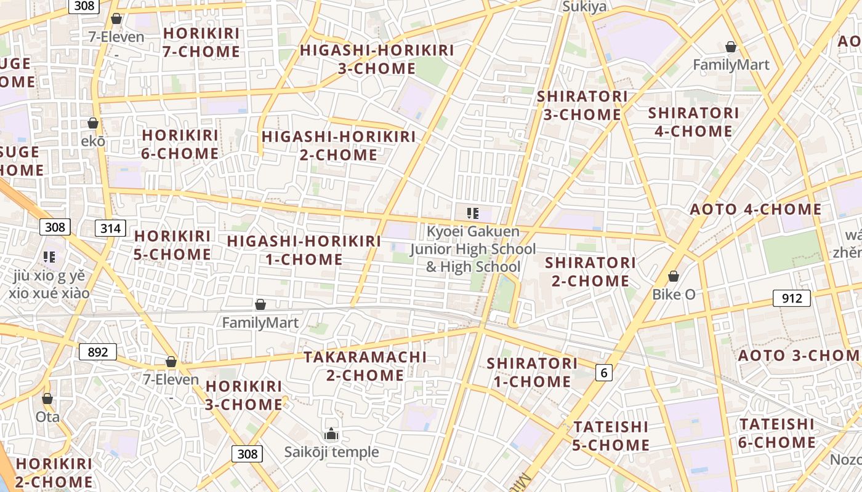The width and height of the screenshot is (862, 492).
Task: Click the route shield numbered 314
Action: click(111, 229)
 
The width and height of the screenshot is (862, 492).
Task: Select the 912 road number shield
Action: click(792, 299)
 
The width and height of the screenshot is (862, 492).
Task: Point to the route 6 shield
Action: click(604, 372)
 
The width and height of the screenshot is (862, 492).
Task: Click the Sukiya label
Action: click(584, 7)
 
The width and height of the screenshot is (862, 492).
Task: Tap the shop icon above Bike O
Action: click(674, 276)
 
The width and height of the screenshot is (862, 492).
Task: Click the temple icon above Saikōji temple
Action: click(331, 434)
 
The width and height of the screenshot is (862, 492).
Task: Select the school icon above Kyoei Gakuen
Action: click(473, 213)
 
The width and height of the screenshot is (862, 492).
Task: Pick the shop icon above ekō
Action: click(93, 123)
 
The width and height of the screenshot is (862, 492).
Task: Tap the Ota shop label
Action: click(47, 416)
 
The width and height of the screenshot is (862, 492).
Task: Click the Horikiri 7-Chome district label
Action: click(201, 42)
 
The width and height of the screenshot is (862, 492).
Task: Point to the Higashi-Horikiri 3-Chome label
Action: click(377, 59)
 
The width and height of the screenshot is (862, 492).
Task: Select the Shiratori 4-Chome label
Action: click(693, 122)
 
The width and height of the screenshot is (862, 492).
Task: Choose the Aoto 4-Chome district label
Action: click(755, 210)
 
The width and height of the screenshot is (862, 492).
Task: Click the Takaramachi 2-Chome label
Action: click(365, 366)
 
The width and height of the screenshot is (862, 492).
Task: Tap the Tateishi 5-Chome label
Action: click(611, 435)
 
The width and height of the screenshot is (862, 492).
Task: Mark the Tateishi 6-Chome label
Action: click(777, 433)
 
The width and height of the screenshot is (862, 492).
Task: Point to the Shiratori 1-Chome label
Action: click(532, 372)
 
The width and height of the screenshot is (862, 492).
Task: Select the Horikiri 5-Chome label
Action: click(172, 245)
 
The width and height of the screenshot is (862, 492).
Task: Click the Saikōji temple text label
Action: click(331, 453)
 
